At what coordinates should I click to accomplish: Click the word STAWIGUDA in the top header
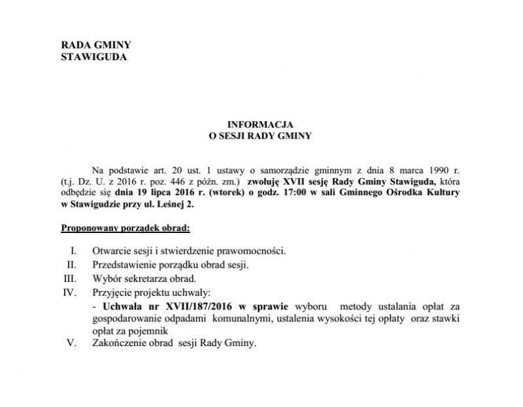[93, 56]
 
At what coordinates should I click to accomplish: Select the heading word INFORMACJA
[260, 124]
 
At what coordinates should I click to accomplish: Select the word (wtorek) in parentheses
[243, 192]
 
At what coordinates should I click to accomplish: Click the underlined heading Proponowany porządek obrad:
[125, 228]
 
